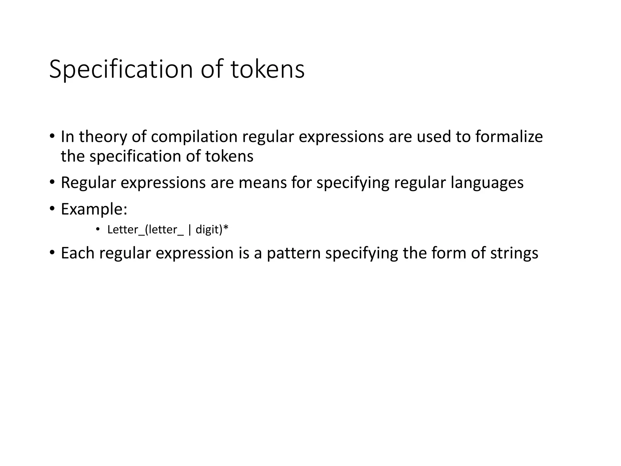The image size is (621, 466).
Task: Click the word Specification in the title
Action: click(121, 69)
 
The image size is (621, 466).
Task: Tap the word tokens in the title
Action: click(267, 69)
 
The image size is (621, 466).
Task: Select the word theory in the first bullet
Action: click(103, 137)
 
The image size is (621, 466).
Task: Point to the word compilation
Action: click(194, 137)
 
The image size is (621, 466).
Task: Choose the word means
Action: click(263, 183)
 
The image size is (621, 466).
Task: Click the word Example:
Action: click(94, 209)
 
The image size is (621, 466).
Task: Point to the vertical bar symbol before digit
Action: click(190, 230)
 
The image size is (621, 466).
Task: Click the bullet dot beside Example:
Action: click(52, 209)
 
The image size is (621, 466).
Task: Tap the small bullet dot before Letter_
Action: click(98, 229)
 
